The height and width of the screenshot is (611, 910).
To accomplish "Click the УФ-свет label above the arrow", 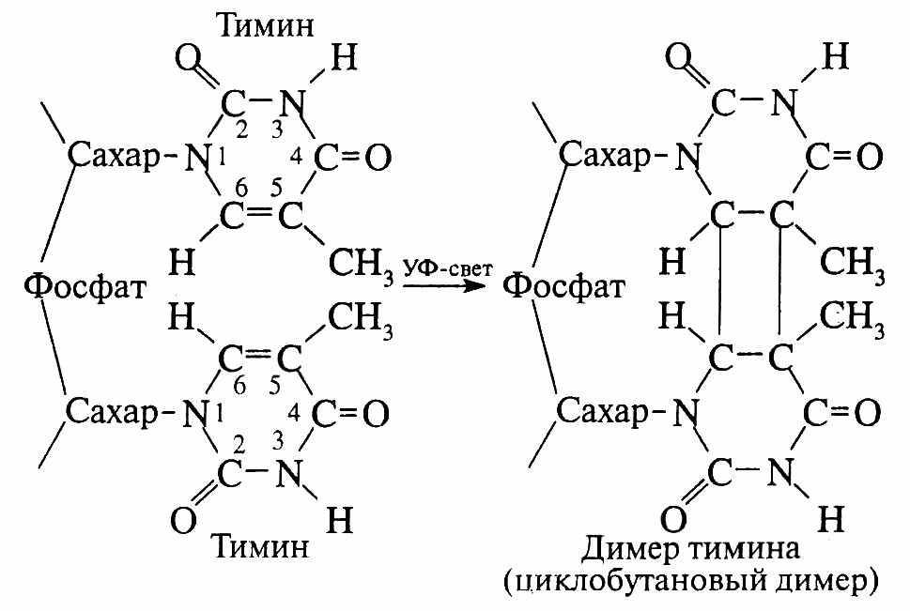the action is [x=448, y=268].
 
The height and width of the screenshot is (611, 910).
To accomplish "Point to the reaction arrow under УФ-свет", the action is [x=444, y=285].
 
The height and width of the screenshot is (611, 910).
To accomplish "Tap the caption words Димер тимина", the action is [x=690, y=548].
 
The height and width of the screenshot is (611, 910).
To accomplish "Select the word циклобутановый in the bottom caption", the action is [x=636, y=581].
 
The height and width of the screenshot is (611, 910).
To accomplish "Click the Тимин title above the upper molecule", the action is [x=266, y=25].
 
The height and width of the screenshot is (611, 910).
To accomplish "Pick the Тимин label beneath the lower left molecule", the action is [x=260, y=546].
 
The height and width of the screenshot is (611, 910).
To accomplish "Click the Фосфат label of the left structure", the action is [x=85, y=286].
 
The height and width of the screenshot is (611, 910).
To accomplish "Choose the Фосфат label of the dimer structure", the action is [x=563, y=286].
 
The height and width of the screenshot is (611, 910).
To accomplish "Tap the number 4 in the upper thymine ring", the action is [x=296, y=157].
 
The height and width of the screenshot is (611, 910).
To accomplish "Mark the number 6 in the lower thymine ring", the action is [x=239, y=386].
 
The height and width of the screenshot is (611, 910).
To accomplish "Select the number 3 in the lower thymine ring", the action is [x=278, y=442].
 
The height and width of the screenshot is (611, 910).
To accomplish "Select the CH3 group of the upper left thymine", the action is [x=361, y=264].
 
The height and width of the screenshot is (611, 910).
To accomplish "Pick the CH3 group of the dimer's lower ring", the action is [x=852, y=317].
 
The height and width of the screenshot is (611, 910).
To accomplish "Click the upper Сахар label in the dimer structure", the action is [x=606, y=156].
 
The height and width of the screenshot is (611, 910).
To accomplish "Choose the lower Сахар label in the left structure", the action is [x=113, y=411].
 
